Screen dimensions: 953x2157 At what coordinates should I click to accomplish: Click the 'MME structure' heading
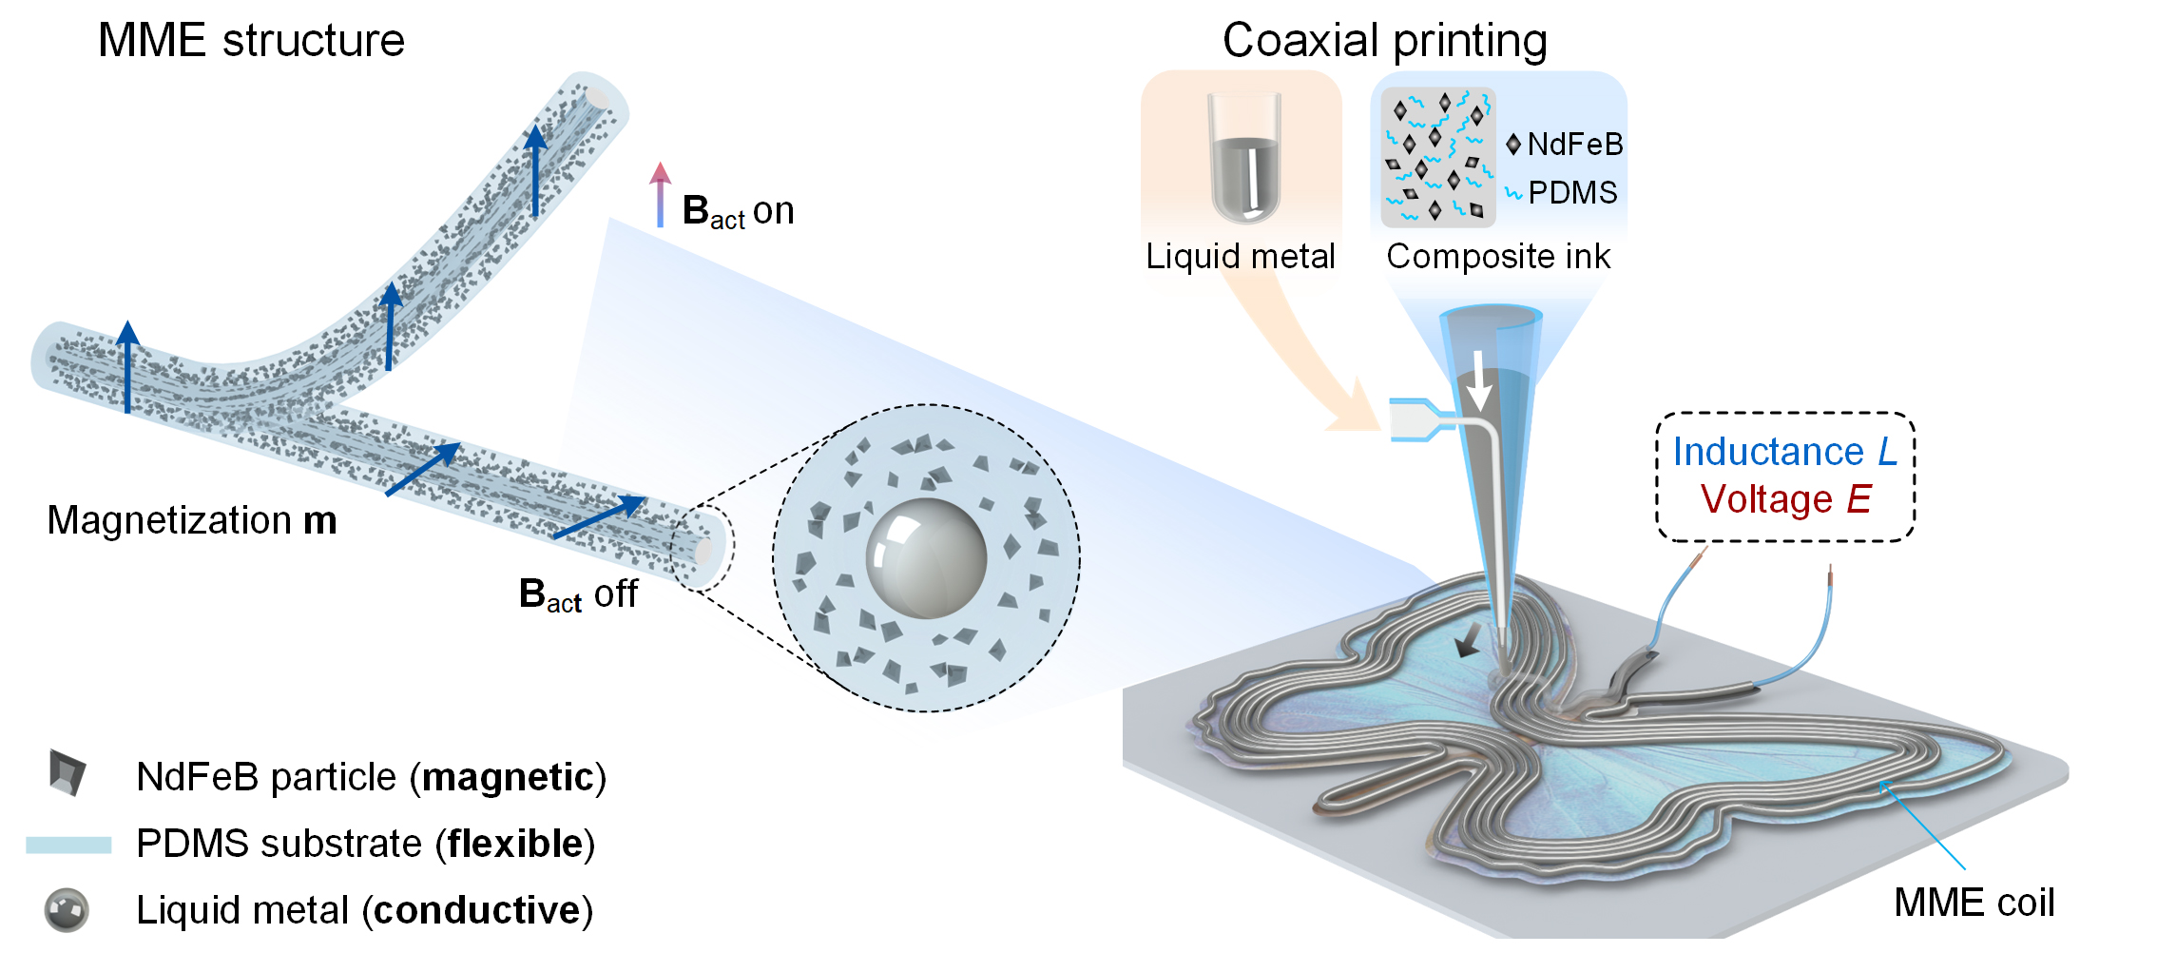(251, 41)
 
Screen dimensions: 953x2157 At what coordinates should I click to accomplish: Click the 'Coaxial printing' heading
(1384, 41)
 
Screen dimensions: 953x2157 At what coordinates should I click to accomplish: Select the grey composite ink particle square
(1438, 158)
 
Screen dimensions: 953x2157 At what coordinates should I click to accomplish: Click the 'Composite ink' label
(1498, 257)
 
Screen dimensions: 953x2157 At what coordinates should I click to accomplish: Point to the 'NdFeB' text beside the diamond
(1574, 145)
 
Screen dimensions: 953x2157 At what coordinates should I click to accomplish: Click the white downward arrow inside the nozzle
(1478, 379)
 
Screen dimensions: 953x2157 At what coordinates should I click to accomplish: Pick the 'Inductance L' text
(1784, 452)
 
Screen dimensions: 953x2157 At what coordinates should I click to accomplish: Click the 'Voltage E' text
(1785, 499)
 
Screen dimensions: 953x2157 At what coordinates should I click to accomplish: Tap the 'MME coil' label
(1974, 903)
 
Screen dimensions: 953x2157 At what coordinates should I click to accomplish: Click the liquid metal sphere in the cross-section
(925, 558)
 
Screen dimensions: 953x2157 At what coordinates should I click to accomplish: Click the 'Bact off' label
(578, 594)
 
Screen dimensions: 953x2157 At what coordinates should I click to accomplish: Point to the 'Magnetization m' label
(192, 521)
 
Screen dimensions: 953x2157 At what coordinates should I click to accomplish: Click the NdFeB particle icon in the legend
(67, 772)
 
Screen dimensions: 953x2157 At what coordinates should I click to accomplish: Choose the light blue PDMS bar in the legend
(68, 845)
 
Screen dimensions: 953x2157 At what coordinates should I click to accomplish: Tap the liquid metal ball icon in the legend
(67, 910)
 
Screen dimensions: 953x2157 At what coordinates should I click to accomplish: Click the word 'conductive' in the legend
(476, 911)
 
